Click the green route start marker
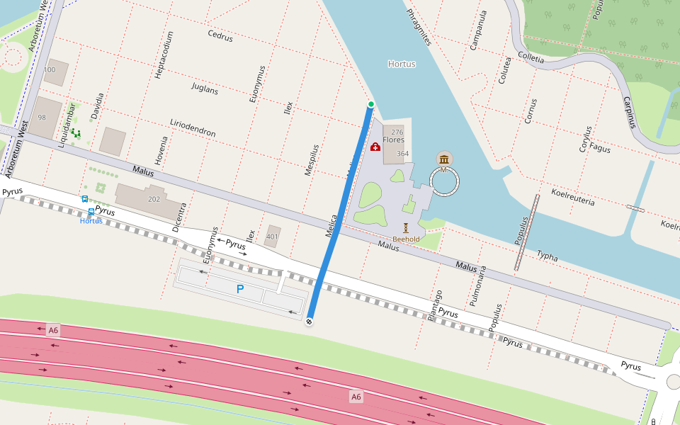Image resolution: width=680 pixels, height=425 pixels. point(370,105)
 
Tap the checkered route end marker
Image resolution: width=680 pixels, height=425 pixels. point(309,322)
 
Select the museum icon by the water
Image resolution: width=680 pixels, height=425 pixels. point(444,158)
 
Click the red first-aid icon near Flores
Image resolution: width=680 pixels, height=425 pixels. point(375,147)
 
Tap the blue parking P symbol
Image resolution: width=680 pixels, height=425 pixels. point(240,289)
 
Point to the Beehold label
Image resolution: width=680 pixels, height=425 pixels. point(406,239)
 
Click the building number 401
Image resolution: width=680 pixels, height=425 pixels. point(272,237)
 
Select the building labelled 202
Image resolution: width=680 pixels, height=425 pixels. point(154,200)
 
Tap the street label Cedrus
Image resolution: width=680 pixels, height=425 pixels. point(220,35)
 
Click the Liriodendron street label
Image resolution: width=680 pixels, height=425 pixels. point(193,127)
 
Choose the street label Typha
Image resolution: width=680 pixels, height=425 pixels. point(547,255)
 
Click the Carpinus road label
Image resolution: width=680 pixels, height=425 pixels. point(628,112)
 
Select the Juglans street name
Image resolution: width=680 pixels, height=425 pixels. point(205,88)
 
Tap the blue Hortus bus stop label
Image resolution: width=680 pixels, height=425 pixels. point(91,221)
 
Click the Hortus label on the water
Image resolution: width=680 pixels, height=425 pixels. point(402,64)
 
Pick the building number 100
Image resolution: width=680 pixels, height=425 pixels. point(50,70)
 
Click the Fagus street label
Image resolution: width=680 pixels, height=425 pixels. point(600,149)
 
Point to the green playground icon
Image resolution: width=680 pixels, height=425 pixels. point(76,132)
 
